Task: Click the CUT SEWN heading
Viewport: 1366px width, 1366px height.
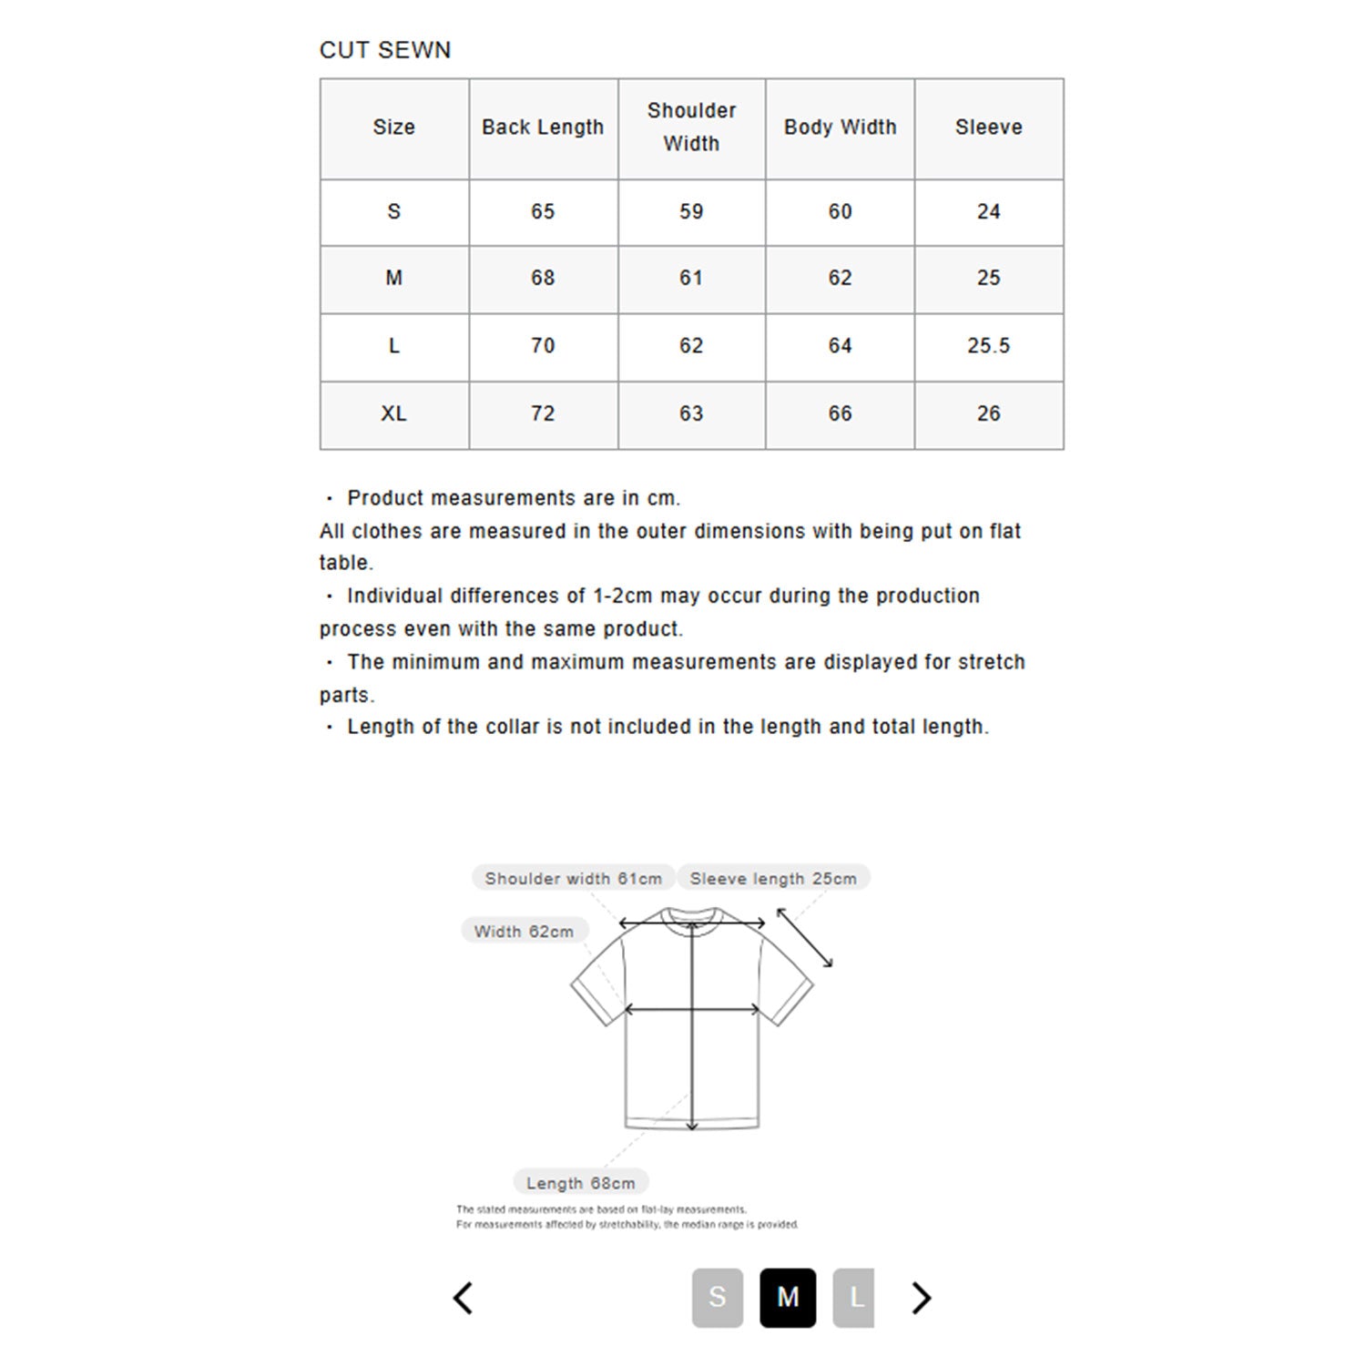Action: pos(384,50)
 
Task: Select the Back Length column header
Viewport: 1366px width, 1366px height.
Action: pos(543,127)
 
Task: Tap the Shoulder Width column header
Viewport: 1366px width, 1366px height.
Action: pos(691,127)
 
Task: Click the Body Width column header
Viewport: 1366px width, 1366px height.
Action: pos(840,127)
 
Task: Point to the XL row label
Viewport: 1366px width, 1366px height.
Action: pos(393,413)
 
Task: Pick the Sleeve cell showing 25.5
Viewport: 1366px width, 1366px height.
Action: pos(988,346)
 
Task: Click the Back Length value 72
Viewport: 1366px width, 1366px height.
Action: pos(543,413)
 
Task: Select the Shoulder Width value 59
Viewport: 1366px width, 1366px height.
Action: pos(691,212)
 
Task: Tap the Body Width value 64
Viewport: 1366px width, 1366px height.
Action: pos(840,346)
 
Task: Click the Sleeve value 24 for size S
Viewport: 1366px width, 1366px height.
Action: pos(988,212)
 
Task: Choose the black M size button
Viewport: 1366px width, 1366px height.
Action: pos(788,1297)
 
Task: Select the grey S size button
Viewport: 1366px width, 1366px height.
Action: pos(718,1297)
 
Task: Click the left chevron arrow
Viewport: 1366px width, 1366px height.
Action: pos(463,1298)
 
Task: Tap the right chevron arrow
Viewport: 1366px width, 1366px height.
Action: pos(922,1298)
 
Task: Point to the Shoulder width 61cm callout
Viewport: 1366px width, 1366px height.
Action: pos(573,878)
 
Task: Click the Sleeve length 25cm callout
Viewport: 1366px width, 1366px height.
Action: pos(773,878)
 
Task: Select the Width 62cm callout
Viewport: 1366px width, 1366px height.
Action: pos(524,931)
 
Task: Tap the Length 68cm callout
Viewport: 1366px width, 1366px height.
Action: pos(580,1182)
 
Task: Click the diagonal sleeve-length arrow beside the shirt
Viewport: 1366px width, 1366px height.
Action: pos(804,937)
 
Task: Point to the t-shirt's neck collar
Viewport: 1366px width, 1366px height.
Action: pos(692,916)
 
